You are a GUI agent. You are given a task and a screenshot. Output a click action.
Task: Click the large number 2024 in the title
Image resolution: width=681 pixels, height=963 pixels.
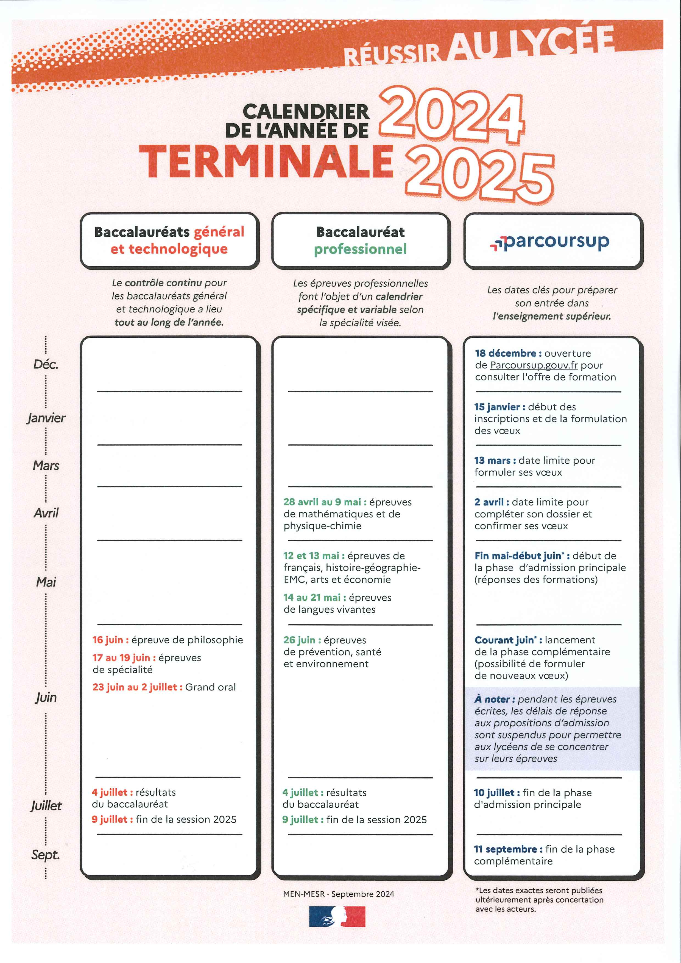pos(451,115)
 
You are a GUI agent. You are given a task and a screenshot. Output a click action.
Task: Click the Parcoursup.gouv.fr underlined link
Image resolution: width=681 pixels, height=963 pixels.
pos(534,365)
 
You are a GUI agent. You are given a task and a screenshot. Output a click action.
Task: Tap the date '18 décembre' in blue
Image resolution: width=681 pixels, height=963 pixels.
pos(505,353)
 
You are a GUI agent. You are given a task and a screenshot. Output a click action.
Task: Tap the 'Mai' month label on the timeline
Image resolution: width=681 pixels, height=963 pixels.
pos(46,582)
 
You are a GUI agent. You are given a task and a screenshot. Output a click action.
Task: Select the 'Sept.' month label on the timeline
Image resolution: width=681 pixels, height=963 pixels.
pos(45,855)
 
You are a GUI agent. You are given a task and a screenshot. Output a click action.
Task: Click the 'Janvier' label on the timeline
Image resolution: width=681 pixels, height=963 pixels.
pos(46,418)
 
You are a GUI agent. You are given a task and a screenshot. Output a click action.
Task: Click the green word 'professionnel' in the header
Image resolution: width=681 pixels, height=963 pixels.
pos(360,249)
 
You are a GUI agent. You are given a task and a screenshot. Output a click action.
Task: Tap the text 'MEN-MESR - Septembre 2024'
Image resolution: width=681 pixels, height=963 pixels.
pos(338,894)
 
